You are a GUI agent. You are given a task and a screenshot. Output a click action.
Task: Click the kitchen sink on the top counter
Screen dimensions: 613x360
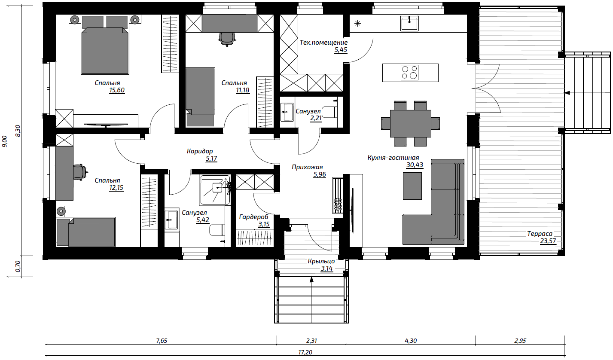(409, 23)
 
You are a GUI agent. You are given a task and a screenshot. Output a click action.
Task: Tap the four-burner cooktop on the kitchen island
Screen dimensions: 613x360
(409, 73)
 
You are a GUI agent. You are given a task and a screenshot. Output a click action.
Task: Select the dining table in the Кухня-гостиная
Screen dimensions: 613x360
(411, 123)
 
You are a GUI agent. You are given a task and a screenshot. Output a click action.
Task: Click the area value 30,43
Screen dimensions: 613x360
(415, 165)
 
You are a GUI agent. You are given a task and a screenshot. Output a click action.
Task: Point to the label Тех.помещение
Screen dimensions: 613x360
(323, 43)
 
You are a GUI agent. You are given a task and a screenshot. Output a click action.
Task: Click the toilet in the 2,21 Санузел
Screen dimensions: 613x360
(329, 112)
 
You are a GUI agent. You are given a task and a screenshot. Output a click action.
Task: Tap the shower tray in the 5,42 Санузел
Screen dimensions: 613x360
(215, 190)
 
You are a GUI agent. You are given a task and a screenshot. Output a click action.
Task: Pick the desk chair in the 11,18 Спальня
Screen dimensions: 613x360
(227, 39)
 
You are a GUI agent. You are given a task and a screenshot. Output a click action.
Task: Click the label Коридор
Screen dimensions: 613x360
(200, 151)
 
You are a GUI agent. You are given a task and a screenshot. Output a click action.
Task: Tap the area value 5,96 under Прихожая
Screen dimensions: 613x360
(320, 174)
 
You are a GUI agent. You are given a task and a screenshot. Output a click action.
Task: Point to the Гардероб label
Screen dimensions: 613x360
(254, 217)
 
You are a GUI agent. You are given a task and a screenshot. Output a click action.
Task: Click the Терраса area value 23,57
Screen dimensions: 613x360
(548, 241)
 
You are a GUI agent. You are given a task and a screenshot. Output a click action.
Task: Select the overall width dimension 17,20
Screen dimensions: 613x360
(305, 352)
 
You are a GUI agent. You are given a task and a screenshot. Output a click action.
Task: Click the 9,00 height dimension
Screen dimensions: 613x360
(5, 141)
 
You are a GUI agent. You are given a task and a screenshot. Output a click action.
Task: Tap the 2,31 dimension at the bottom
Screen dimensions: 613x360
(311, 341)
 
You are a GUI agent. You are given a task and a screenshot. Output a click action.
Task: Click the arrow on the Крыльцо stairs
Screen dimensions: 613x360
(311, 299)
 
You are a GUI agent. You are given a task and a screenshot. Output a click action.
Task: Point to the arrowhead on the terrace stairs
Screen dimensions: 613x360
(567, 93)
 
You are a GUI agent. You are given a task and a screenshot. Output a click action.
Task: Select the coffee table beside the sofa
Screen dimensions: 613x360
(412, 186)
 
